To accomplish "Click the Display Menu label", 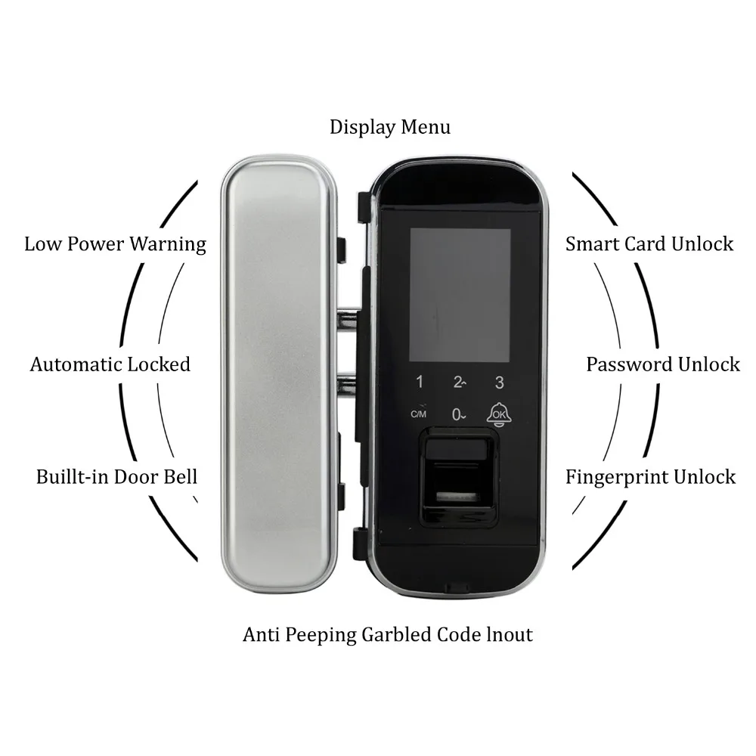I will [389, 127].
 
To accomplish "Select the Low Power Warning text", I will [115, 244].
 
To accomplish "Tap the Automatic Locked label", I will [110, 364].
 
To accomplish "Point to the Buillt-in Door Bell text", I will [116, 477].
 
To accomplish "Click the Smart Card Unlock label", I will [649, 243].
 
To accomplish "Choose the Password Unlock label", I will [663, 364].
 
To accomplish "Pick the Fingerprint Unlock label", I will [651, 477].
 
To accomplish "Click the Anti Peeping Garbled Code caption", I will [388, 634].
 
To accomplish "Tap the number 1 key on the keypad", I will [420, 383].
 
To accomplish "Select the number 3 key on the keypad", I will [498, 383].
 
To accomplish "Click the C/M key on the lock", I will [419, 413].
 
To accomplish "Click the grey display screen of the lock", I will [460, 295].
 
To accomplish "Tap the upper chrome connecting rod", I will [347, 318].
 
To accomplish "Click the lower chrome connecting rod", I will [347, 383].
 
